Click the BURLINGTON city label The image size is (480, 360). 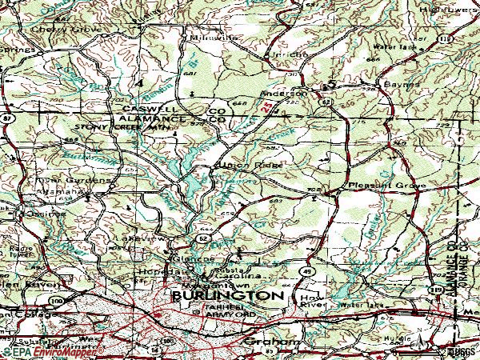[227, 295]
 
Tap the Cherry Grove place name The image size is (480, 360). [56, 29]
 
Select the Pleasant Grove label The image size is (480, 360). [375, 185]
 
